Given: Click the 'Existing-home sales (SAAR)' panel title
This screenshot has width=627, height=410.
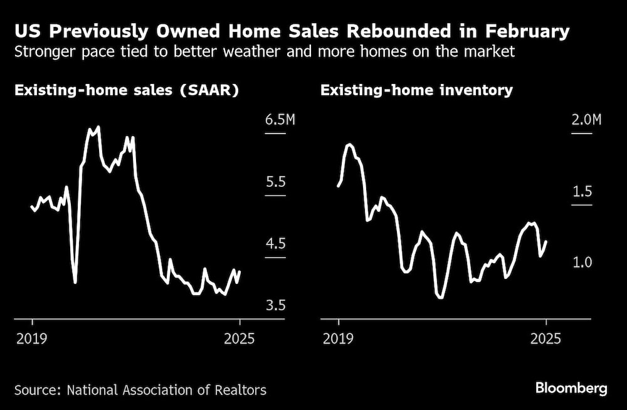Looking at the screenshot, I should click(127, 90).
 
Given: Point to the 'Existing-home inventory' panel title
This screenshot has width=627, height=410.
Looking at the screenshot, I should click(416, 90).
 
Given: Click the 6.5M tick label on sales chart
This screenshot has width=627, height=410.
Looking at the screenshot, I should click(280, 120).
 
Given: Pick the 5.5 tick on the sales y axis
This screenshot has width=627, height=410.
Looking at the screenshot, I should click(275, 182).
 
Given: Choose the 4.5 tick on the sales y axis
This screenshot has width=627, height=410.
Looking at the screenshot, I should click(275, 244).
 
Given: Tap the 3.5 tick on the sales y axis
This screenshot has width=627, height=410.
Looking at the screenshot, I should click(275, 305).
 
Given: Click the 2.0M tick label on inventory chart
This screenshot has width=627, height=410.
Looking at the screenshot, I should click(586, 120).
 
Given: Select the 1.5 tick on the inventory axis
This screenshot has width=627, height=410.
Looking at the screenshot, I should click(582, 191).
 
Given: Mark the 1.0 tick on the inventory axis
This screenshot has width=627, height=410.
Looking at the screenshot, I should click(582, 262).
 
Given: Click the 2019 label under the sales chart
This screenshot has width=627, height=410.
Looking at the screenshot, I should click(32, 339).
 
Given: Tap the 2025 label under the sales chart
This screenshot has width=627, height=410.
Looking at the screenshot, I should click(239, 339).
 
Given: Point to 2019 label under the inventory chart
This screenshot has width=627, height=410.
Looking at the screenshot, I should click(339, 339).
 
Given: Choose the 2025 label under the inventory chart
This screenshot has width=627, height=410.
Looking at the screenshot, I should click(545, 339).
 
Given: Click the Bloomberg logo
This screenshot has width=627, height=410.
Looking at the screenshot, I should click(571, 389).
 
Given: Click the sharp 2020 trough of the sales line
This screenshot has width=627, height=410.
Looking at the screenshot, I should click(75, 281).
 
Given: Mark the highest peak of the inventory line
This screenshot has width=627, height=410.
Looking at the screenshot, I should click(349, 144).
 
